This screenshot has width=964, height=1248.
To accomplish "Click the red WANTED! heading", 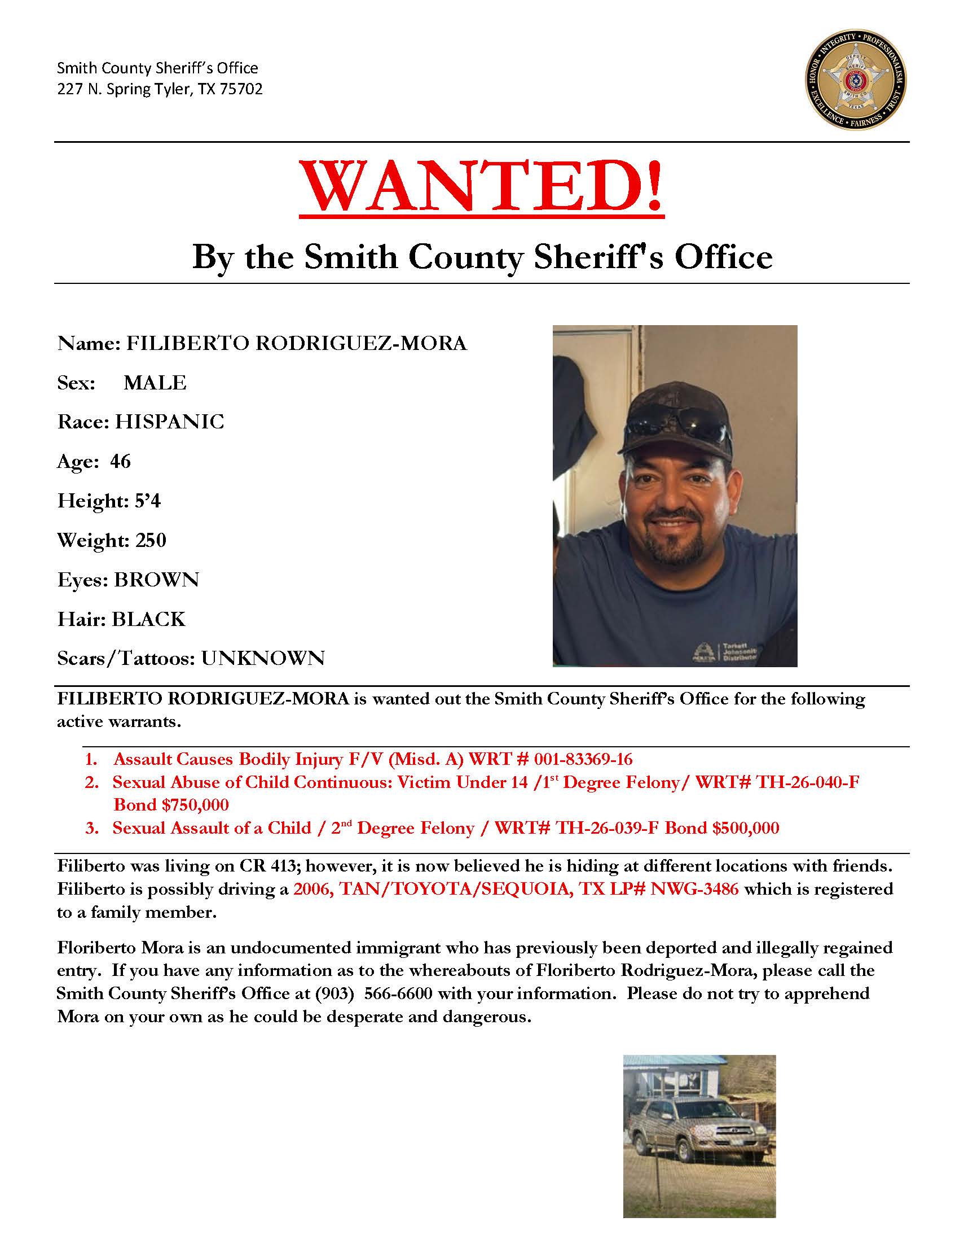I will click(x=481, y=189).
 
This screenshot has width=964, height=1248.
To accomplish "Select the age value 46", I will click(x=121, y=461).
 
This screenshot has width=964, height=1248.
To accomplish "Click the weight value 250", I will click(x=150, y=540).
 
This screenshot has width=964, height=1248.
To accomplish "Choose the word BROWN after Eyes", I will click(x=156, y=580).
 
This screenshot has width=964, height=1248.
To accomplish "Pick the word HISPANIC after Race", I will click(x=170, y=422).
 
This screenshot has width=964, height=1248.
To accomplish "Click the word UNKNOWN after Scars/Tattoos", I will click(x=262, y=658).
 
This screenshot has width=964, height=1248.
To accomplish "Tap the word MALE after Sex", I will click(x=155, y=383).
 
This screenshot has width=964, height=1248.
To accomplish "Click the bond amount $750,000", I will click(x=194, y=804).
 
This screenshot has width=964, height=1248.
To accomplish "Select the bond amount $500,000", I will click(x=745, y=827).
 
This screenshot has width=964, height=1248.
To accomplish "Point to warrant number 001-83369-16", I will click(x=583, y=759).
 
